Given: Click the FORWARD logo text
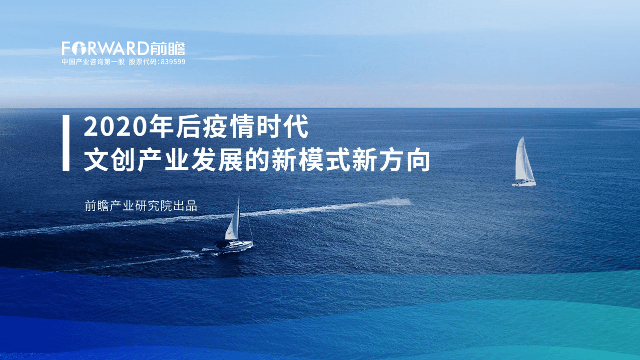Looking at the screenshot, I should pos(105,49).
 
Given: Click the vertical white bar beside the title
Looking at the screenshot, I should pos(66,143).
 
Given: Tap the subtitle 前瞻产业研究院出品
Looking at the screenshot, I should pos(141,206).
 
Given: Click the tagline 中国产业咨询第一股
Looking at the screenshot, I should pos(93,62).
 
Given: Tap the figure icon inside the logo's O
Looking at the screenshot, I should pos(79,49).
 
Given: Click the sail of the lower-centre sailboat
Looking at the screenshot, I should pos(233,220).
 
